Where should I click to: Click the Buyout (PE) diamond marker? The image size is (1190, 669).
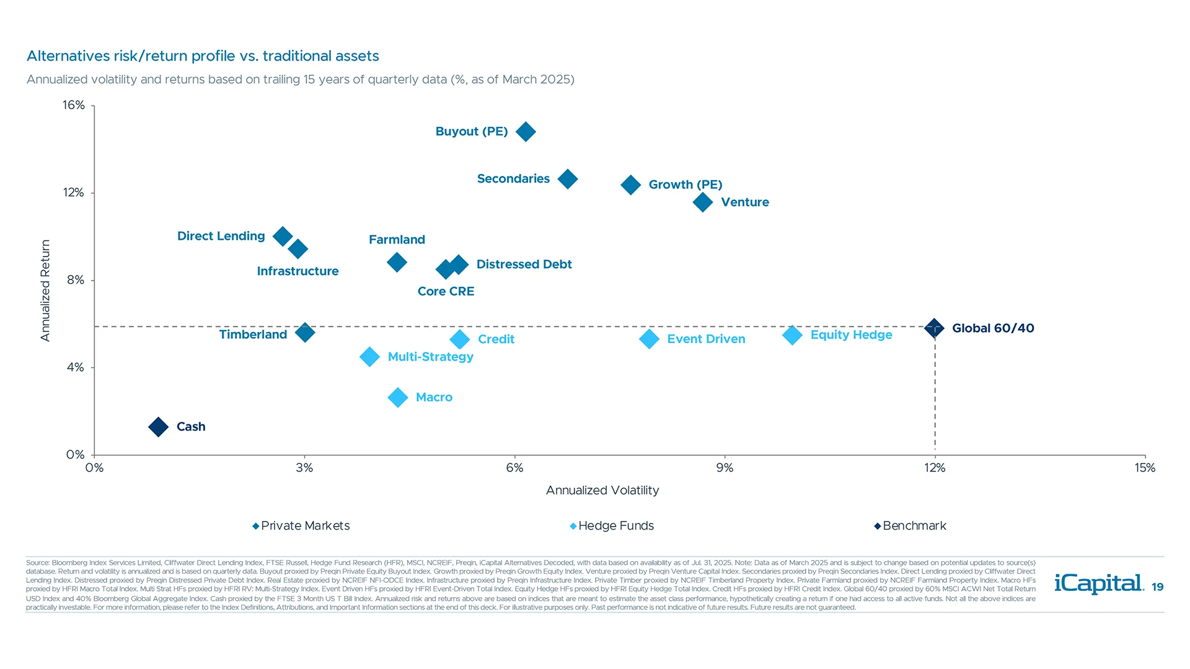pos(526,132)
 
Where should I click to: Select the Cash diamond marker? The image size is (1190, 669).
pos(158,427)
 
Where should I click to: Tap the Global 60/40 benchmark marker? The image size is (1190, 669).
pos(934,328)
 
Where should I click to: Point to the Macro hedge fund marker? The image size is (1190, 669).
pos(397,397)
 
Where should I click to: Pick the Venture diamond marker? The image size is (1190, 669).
pos(702,202)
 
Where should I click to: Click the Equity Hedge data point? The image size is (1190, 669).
pos(792,335)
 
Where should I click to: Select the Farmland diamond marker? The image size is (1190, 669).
pos(397,263)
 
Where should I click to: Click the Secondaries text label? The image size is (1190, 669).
pos(513,179)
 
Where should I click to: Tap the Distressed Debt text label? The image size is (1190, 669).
pos(524,265)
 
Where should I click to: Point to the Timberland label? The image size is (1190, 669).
pos(253,334)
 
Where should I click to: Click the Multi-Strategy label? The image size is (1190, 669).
pos(430,357)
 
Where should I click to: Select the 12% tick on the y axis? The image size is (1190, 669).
pos(74,193)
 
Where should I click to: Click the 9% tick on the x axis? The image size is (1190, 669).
pos(725,468)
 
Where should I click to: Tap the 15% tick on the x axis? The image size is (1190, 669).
pos(1145,468)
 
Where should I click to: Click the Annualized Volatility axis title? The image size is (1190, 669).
pos(602,491)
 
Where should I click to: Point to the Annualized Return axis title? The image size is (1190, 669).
pos(45,291)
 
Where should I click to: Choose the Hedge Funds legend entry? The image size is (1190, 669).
pos(612,526)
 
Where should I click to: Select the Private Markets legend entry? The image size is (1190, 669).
pos(301,526)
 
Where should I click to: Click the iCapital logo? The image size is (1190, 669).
pos(1098,584)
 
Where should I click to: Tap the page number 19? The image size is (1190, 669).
pos(1157,587)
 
